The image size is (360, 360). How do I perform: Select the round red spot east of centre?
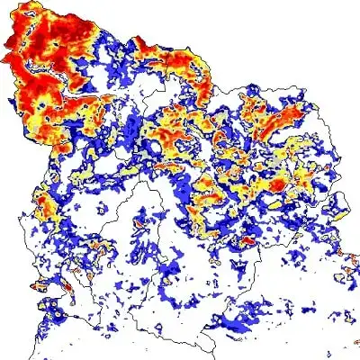click(x=278, y=184)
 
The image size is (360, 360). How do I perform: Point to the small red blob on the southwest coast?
click(x=41, y=288)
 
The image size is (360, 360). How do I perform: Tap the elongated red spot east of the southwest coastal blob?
click(x=90, y=270)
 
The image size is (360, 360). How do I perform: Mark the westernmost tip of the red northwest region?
click(x=4, y=58)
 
